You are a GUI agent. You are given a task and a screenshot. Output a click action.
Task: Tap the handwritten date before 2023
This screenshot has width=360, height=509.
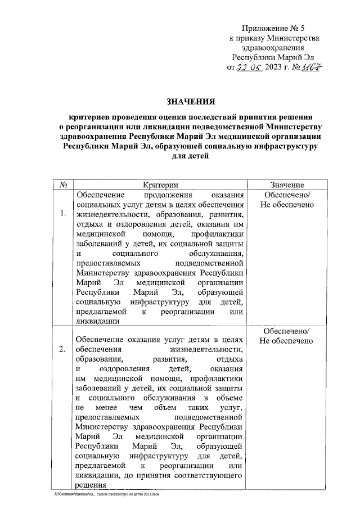pos(251,68)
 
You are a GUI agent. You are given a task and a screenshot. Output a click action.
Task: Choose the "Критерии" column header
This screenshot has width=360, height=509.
pos(160,184)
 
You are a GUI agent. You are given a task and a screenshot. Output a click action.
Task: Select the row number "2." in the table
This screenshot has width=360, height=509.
pos(62,349)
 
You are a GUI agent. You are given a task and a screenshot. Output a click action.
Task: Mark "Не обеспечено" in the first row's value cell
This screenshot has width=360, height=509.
pos(287,204)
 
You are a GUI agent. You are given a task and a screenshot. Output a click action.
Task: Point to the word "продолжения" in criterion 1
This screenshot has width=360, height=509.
pos(159,194)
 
